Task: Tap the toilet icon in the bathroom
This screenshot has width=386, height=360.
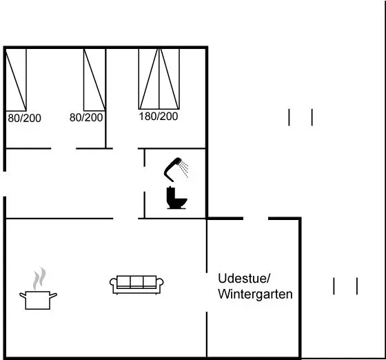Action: tap(176, 198)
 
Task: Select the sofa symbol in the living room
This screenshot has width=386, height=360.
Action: tap(136, 285)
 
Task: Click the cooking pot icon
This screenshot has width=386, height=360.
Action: tap(38, 300)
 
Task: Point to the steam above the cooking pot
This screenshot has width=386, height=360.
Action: tap(39, 278)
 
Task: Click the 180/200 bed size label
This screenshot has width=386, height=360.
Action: tap(159, 117)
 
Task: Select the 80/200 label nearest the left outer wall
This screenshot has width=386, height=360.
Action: tap(24, 118)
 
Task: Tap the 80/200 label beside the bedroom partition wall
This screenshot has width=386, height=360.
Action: tap(86, 117)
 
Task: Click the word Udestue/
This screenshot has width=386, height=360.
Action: tap(244, 279)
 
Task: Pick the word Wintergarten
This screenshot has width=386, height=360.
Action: tap(255, 294)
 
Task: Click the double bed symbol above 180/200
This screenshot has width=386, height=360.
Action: tap(159, 79)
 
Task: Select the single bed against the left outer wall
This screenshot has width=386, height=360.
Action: tap(16, 80)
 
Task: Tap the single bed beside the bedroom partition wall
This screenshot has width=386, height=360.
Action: tap(95, 80)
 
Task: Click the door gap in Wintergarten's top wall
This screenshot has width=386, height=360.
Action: tap(256, 219)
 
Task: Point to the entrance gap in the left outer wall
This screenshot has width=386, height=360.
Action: tap(4, 183)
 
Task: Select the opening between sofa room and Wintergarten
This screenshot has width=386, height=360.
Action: tap(207, 292)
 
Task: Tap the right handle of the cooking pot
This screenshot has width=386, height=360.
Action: tap(54, 295)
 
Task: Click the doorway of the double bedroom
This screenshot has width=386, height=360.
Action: tap(125, 148)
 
